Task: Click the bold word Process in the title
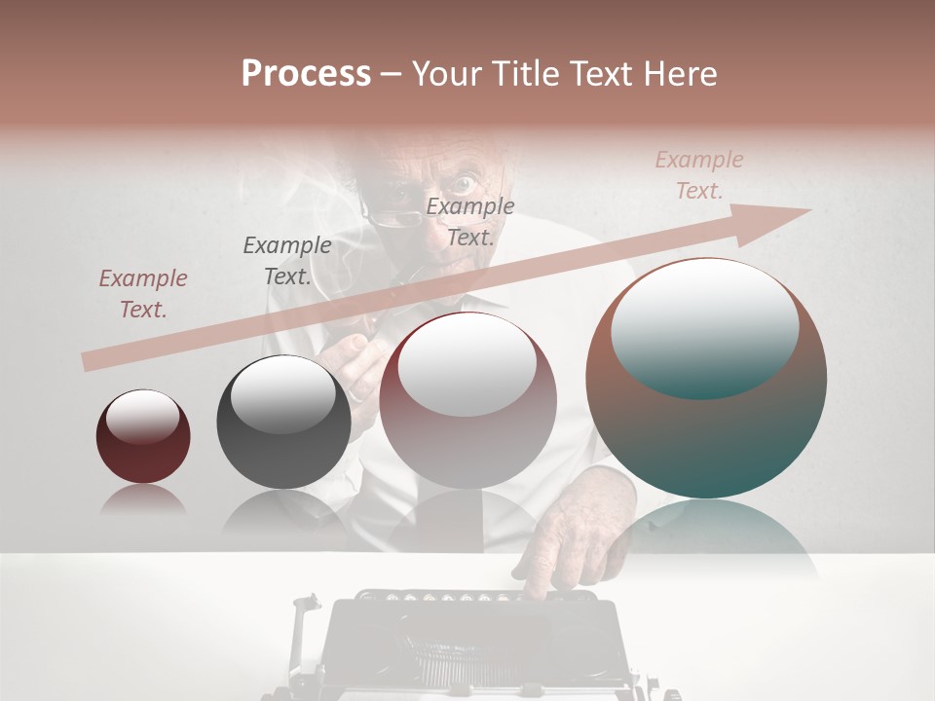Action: (306, 74)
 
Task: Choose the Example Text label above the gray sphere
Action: (286, 261)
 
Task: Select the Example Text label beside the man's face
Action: (470, 221)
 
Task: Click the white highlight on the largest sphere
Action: (704, 326)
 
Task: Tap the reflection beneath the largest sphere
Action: (706, 540)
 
